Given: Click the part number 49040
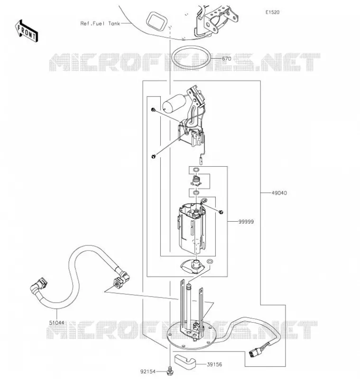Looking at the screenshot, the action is point(279,193).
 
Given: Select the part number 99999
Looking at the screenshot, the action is point(246,222).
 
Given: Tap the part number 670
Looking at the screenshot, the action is point(226,58).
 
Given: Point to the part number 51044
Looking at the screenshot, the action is point(56,323).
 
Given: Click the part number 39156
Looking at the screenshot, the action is point(214,364).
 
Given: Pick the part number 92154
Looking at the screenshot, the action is point(148,371).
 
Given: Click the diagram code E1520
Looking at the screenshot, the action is point(272,12).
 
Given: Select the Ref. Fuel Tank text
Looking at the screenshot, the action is point(100,23).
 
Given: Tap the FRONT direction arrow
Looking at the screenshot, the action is point(27,31).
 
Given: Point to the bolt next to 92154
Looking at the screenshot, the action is point(170,371).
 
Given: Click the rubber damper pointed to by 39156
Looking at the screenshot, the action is point(185,360).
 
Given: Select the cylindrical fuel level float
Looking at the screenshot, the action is point(174,103).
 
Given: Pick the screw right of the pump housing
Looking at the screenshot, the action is point(221,212).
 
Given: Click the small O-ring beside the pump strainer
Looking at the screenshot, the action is point(210,262).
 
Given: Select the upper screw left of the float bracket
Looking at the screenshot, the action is point(153,110).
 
